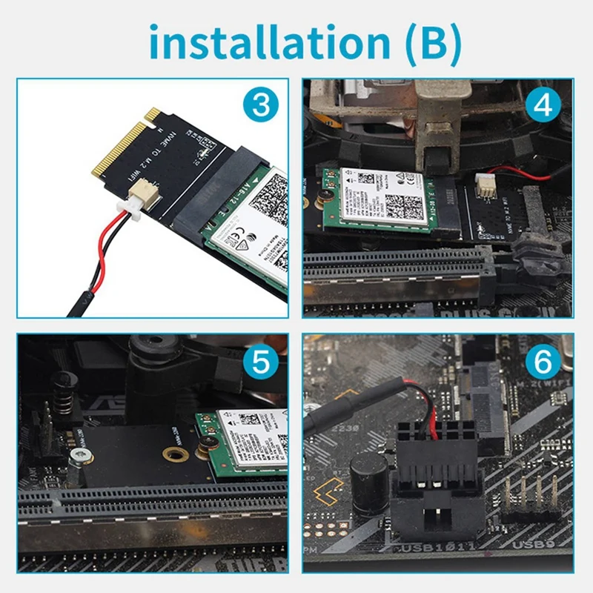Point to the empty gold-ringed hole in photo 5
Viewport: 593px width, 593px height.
(176, 454)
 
